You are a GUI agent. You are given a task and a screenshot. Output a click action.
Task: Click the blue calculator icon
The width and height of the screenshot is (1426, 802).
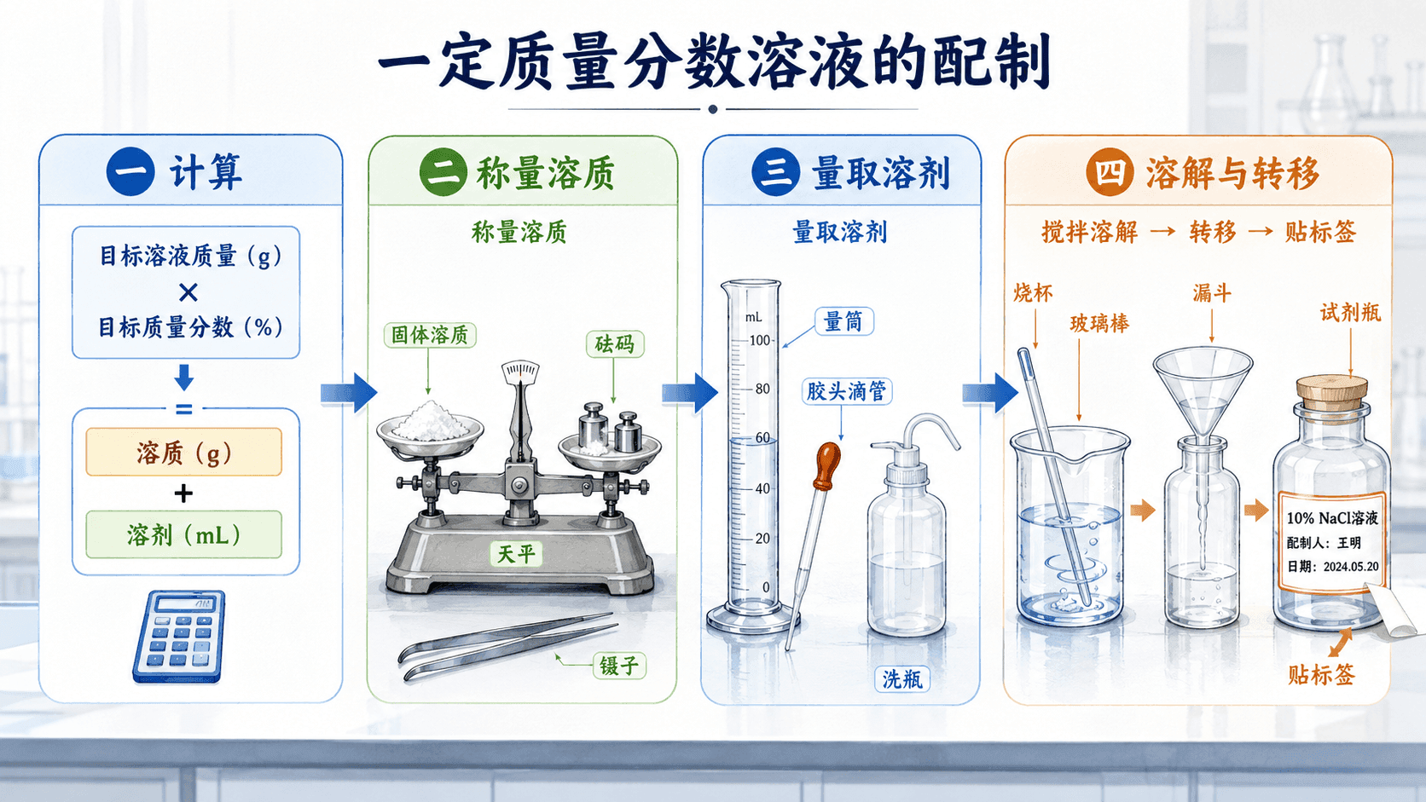point(179,636)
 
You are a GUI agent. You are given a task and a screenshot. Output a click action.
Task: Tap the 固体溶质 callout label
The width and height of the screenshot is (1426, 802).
point(430,335)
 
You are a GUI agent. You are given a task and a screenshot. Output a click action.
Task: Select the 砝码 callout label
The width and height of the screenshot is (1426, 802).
point(614,344)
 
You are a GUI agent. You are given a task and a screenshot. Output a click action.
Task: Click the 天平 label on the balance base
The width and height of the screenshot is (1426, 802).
point(516,553)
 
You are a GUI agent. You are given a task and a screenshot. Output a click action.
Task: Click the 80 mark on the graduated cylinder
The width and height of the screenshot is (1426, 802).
point(762,389)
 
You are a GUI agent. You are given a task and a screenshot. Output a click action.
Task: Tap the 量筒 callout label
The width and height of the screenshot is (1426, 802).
point(843,321)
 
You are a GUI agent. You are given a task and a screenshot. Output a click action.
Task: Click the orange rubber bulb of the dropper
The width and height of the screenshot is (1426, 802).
point(827,465)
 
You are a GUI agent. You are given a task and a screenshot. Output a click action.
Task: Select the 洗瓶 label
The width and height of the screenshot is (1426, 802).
point(902,679)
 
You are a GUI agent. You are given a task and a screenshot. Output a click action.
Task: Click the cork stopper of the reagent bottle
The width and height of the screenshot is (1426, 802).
point(1332,392)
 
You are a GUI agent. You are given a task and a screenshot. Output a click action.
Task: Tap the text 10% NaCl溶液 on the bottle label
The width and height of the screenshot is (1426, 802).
point(1332,517)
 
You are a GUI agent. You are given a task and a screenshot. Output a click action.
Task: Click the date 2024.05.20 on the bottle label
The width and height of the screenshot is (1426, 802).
point(1350,567)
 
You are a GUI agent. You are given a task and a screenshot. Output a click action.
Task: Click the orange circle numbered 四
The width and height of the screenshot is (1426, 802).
point(1110,171)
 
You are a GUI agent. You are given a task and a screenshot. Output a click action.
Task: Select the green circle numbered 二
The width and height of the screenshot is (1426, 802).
point(443,171)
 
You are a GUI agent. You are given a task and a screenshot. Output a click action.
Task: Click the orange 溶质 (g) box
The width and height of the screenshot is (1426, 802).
point(184,453)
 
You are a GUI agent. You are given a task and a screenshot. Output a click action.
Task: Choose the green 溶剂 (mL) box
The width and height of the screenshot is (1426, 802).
point(184,534)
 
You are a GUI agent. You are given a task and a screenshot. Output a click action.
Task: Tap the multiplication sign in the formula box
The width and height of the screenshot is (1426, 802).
point(188,292)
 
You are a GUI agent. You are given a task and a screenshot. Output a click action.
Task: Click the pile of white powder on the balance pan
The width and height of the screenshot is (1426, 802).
point(430,420)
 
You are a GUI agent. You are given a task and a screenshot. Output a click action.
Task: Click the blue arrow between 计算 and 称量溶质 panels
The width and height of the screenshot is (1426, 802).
point(349,392)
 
